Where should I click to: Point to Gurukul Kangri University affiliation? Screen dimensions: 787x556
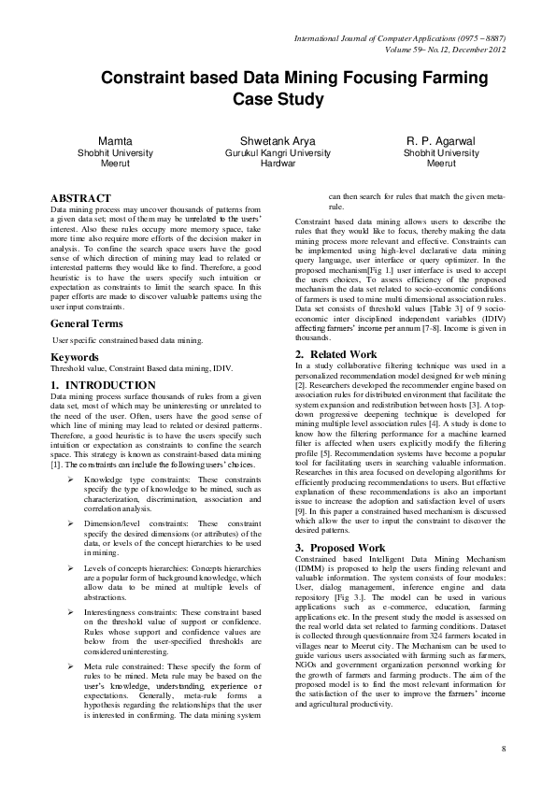tap(278, 152)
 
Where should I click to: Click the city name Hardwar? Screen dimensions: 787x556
tap(278, 163)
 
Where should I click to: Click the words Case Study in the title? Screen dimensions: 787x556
tap(278, 99)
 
